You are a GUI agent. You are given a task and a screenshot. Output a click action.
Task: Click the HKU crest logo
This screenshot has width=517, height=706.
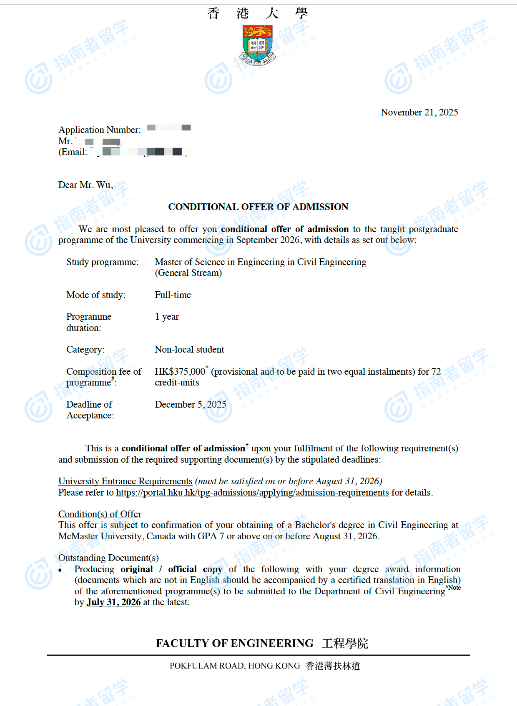pyautogui.click(x=258, y=45)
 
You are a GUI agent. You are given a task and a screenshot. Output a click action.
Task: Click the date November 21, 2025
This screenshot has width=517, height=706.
pyautogui.click(x=419, y=113)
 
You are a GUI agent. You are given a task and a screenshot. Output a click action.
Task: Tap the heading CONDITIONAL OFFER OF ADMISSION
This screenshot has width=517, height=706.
pyautogui.click(x=258, y=207)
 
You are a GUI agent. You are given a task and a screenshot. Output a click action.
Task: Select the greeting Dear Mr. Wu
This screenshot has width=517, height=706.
pyautogui.click(x=85, y=185)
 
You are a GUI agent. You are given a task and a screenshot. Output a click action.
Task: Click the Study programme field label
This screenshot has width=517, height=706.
pyautogui.click(x=102, y=262)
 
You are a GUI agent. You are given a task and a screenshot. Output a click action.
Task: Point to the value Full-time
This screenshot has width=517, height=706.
pyautogui.click(x=173, y=295)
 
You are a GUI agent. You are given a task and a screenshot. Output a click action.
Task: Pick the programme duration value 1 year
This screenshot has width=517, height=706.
pyautogui.click(x=167, y=317)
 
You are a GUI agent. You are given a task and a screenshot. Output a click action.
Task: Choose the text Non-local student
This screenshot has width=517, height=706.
pyautogui.click(x=189, y=350)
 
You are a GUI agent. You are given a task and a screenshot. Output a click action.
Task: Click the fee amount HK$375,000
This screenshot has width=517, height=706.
pyautogui.click(x=180, y=372)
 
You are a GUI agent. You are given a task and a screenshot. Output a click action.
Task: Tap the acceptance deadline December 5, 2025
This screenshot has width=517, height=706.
pyautogui.click(x=191, y=405)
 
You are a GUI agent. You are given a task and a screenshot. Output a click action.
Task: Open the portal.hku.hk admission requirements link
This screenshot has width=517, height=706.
pyautogui.click(x=252, y=493)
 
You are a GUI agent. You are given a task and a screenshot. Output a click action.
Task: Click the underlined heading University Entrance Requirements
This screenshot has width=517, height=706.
pyautogui.click(x=125, y=481)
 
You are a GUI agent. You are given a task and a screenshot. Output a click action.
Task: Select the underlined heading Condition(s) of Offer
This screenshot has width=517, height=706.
pyautogui.click(x=100, y=514)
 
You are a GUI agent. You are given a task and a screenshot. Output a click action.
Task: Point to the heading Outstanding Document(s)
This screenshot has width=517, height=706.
pyautogui.click(x=108, y=558)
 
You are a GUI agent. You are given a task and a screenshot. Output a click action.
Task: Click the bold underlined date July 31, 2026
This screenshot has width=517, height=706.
pyautogui.click(x=113, y=602)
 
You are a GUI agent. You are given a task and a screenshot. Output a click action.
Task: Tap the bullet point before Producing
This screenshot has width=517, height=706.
pyautogui.click(x=60, y=570)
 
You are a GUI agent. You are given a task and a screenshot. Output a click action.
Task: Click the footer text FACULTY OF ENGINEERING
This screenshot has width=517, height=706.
pyautogui.click(x=235, y=643)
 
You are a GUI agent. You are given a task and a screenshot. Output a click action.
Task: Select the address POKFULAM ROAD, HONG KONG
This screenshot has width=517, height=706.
pyautogui.click(x=235, y=666)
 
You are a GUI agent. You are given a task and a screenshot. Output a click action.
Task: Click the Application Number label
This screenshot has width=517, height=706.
pyautogui.click(x=100, y=130)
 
